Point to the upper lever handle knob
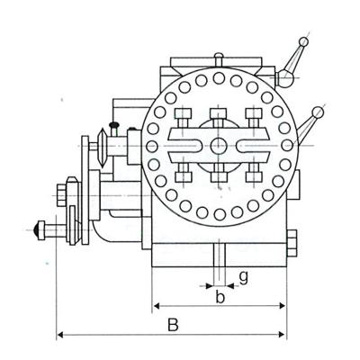pos(304,41)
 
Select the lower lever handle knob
pos(317,111)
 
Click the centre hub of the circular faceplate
pos(220,146)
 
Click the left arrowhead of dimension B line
pos(60,335)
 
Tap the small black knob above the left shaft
pos(114,125)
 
